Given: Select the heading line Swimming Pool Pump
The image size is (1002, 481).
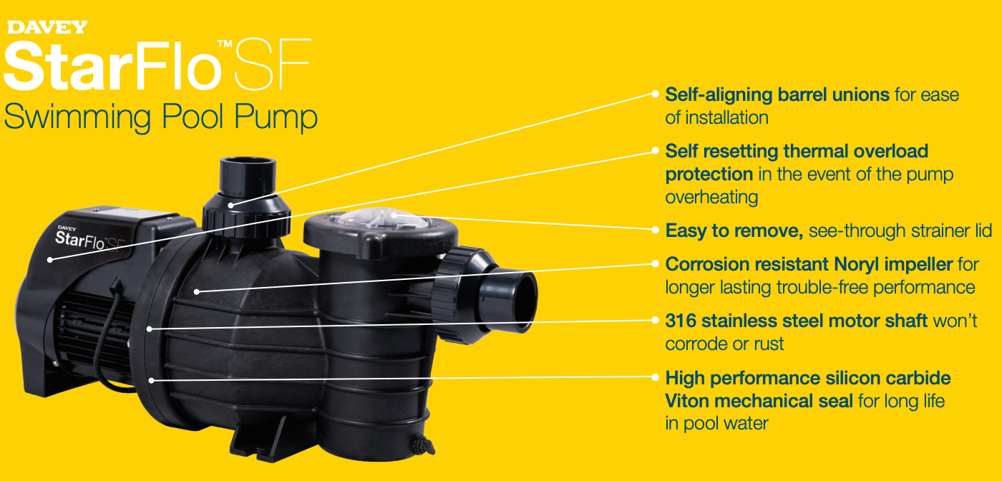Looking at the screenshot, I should click(160, 116).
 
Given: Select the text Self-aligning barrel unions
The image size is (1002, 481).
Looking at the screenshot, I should click(777, 94).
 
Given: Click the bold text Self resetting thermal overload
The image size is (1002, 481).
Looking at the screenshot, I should click(797, 151).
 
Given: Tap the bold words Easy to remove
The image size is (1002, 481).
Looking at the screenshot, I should click(734, 230).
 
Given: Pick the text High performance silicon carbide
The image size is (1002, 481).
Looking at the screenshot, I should click(808, 378).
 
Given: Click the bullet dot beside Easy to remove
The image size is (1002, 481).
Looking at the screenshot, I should click(655, 230).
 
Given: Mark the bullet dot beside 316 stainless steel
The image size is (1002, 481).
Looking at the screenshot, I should click(655, 321).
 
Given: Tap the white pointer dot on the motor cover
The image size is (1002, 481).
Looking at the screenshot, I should click(52, 259).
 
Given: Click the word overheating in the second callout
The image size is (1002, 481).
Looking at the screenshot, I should click(711, 197).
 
